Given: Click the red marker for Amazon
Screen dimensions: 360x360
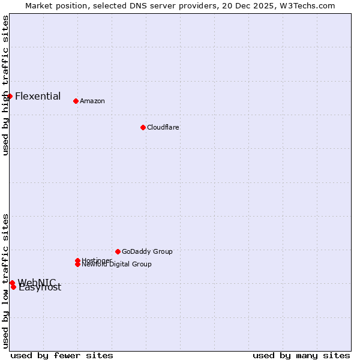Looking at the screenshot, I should (x=76, y=101).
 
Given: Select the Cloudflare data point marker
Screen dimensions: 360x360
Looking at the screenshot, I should (x=143, y=127).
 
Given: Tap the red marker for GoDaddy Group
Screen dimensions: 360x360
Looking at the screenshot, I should (x=118, y=251).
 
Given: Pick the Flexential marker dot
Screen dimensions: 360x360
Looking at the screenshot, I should (x=10, y=96).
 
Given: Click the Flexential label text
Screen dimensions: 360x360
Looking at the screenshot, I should (x=38, y=96).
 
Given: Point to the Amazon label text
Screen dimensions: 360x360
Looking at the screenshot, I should (x=92, y=101).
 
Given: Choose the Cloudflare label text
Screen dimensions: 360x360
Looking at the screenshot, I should (x=163, y=127).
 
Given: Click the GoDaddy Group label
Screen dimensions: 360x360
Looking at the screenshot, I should (x=147, y=251).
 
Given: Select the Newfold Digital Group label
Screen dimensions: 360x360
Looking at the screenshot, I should (x=117, y=265).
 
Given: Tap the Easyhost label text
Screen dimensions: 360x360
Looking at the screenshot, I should (x=40, y=287).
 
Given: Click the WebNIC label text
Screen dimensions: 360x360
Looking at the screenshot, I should (x=37, y=282).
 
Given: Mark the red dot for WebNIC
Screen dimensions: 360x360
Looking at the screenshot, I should (x=12, y=283).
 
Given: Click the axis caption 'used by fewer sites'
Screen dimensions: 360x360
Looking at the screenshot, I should (x=62, y=355).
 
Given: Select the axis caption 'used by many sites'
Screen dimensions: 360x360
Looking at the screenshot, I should (x=301, y=355).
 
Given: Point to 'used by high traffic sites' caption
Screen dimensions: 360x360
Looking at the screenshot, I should (x=5, y=85).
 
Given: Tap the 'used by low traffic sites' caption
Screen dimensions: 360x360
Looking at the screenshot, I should (x=5, y=280).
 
